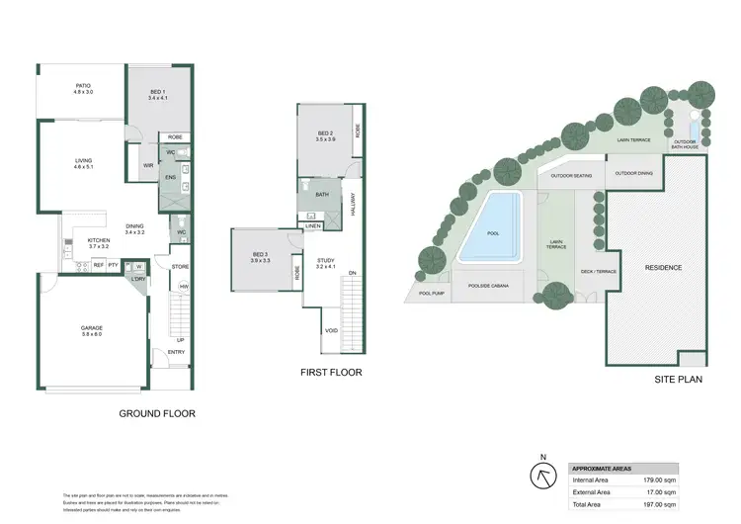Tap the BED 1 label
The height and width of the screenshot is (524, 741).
pyautogui.click(x=158, y=95)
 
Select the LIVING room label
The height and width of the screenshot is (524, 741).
pyautogui.click(x=83, y=162)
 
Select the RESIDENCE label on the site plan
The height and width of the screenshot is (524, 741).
pyautogui.click(x=663, y=268)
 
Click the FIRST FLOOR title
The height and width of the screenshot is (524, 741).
pyautogui.click(x=331, y=373)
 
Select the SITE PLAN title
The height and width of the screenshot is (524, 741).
pyautogui.click(x=678, y=379)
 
